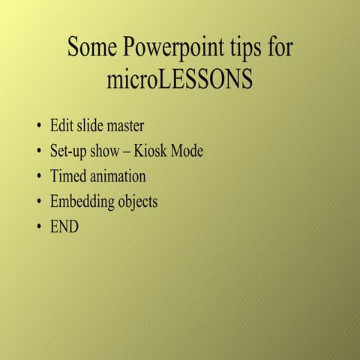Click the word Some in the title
coord(92,48)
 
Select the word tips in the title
coord(244,48)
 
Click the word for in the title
coord(279,48)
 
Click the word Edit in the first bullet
coord(61,125)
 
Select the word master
coord(123,125)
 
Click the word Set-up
coord(69,151)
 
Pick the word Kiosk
coord(151,151)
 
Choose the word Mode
coord(187,151)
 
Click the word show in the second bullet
coord(108,151)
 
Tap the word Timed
coord(67,177)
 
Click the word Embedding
coord(82,202)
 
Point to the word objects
coord(137,202)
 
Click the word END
coord(64,226)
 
